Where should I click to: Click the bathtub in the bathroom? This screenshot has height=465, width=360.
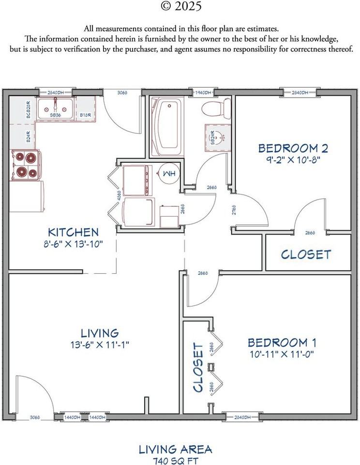(167, 126)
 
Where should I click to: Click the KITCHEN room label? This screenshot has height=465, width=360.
(73, 232)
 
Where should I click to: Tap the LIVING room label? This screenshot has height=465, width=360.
(99, 333)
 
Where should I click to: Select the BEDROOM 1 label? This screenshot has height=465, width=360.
(282, 343)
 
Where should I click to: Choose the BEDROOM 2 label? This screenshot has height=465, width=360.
(289, 148)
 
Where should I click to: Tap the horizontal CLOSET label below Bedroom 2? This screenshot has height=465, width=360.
(306, 254)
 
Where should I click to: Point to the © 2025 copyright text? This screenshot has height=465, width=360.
(180, 7)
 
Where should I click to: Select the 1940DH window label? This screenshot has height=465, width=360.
(203, 93)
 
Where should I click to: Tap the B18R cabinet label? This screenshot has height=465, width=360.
(86, 115)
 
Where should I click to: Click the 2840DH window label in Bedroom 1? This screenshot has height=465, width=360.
(240, 417)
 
